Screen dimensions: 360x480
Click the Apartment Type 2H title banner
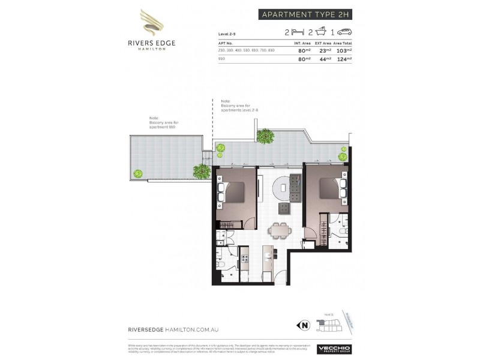point(305,14)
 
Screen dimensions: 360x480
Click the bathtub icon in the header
point(321,32)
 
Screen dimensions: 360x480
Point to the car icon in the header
point(345,32)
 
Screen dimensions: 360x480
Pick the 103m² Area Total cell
point(344,50)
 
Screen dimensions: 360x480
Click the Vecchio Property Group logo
point(334,349)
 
